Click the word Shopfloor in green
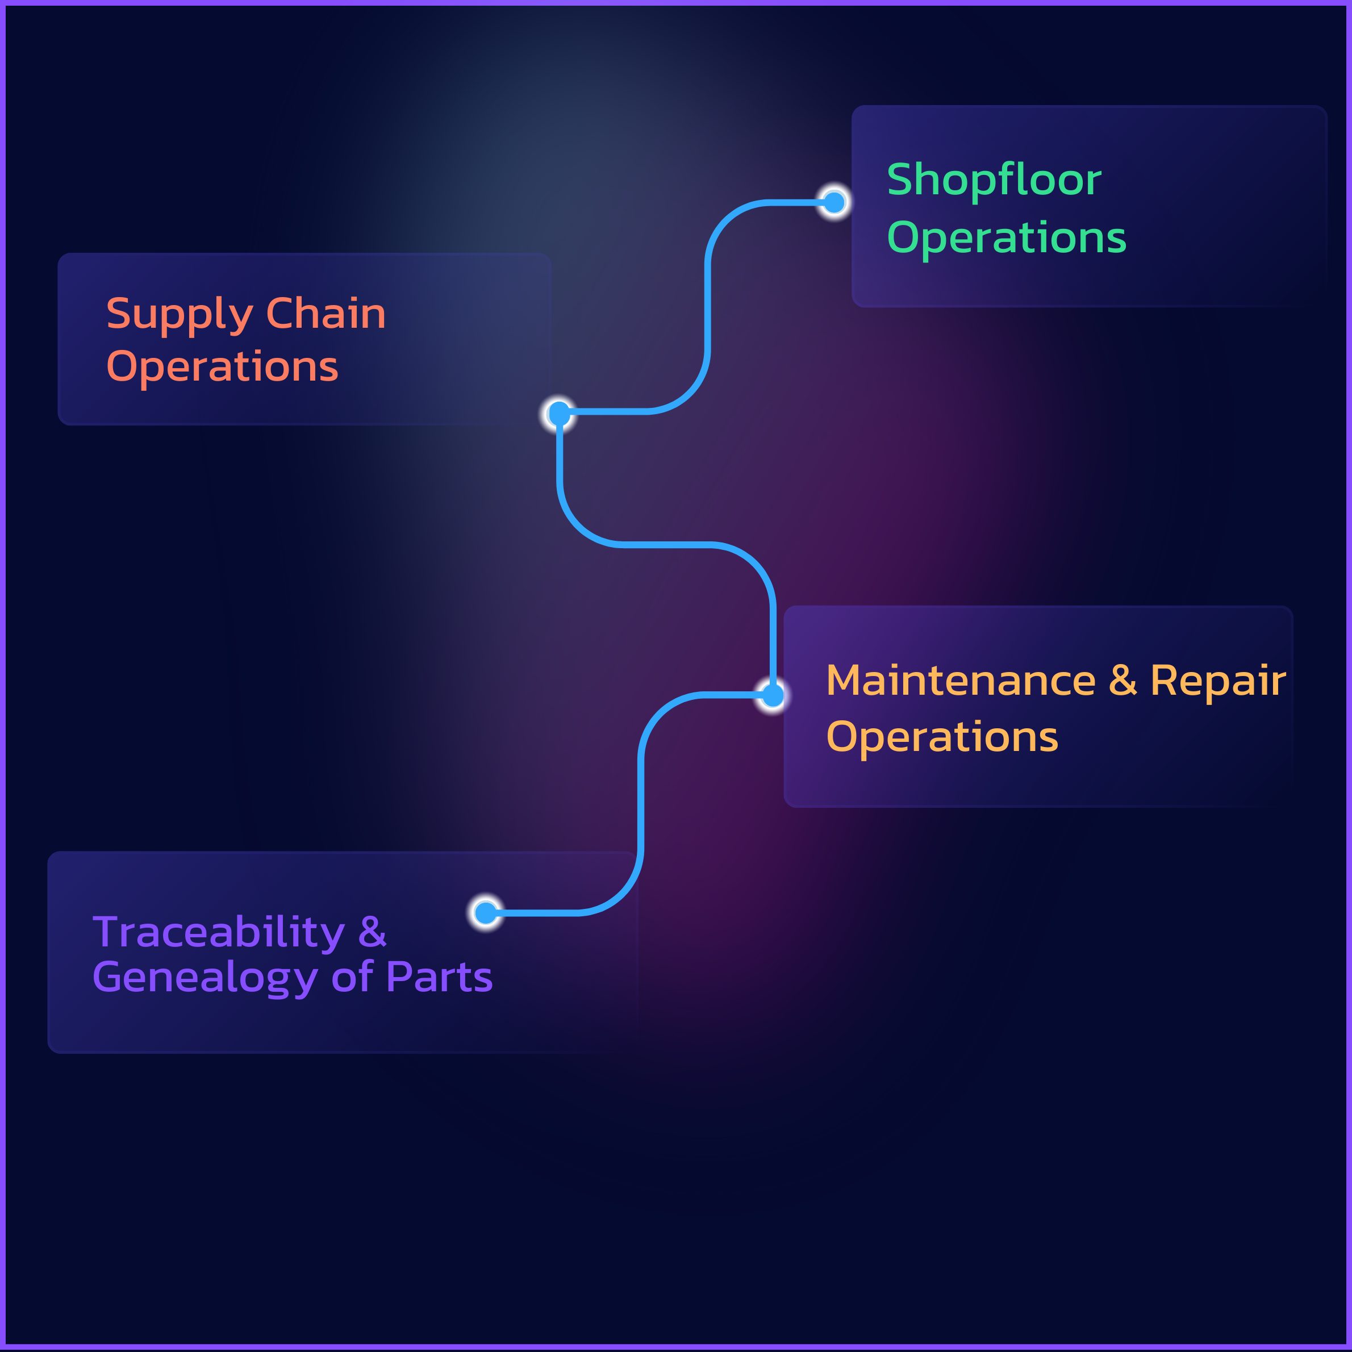tap(993, 180)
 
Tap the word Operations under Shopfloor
tap(1006, 238)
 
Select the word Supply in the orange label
tap(179, 314)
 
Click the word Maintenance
tap(960, 681)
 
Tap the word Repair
tap(1217, 681)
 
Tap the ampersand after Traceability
tap(372, 932)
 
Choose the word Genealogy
tap(205, 978)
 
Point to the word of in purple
tap(352, 977)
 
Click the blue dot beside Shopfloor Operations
tap(833, 203)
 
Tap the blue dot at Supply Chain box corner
tap(559, 414)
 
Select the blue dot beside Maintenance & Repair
tap(773, 695)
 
